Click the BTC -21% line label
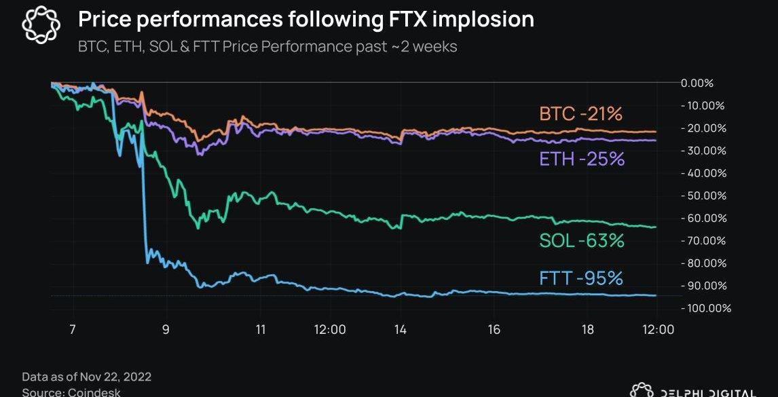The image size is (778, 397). [580, 114]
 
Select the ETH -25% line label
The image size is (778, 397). [582, 159]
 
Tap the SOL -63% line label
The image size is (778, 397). [582, 240]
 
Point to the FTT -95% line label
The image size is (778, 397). [581, 278]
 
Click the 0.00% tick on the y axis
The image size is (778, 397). [697, 83]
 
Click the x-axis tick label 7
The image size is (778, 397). [71, 330]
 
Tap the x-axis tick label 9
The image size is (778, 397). [166, 330]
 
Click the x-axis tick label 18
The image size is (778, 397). [588, 330]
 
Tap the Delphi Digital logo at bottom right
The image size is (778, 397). [692, 392]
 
